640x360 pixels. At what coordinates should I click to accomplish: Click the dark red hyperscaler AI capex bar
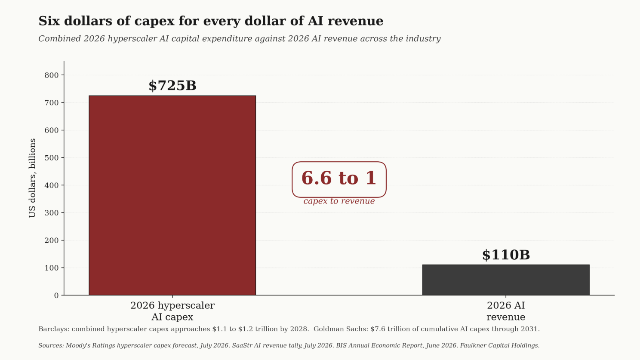coord(172,195)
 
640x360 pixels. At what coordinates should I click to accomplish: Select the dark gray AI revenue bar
coord(506,280)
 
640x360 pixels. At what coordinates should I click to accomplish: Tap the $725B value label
coord(172,86)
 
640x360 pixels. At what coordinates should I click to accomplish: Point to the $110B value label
coord(506,255)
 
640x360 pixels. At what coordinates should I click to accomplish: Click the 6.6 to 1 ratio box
coord(339,179)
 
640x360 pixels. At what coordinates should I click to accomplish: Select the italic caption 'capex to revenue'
coord(339,201)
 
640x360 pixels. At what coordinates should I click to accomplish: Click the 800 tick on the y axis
coord(52,75)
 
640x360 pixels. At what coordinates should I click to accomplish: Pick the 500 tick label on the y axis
coord(52,158)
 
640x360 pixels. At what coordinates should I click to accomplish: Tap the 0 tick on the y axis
coord(56,295)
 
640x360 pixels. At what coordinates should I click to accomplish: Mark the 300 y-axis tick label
coord(52,213)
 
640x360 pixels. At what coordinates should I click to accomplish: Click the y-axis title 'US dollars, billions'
coord(32,178)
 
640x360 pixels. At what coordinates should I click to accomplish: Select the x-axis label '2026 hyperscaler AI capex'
coord(172,311)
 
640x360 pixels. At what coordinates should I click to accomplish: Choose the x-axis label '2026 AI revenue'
coord(506,311)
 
